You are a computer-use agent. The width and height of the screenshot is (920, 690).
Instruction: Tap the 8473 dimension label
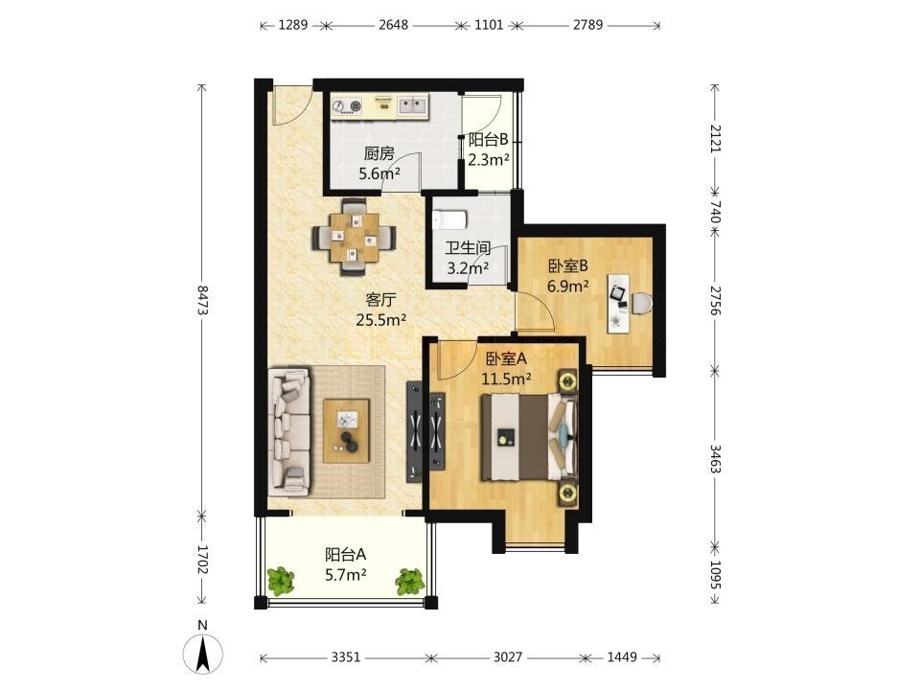[202, 300]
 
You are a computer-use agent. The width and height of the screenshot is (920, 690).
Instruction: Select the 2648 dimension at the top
[393, 25]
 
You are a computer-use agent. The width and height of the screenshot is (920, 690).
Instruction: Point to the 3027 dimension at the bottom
[507, 657]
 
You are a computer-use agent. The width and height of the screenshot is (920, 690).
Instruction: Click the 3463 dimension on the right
[715, 459]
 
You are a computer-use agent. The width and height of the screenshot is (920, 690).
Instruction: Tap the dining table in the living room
[354, 237]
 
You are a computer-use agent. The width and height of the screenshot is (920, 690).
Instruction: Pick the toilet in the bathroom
[449, 220]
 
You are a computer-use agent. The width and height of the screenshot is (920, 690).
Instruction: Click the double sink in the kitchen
[413, 105]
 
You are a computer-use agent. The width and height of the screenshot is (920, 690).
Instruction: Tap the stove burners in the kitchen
[346, 106]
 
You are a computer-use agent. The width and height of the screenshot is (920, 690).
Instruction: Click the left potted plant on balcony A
[281, 580]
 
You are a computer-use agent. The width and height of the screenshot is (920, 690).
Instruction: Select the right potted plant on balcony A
[409, 581]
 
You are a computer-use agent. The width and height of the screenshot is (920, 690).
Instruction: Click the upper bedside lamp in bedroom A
[566, 380]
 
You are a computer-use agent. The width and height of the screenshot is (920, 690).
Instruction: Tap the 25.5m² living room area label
[381, 320]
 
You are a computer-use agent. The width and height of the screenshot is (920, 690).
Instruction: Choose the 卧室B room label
[568, 266]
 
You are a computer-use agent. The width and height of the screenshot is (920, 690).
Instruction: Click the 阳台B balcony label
[488, 140]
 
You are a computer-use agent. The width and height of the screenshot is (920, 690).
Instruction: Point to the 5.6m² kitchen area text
[379, 173]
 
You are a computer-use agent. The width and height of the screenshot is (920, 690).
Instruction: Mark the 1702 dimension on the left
[202, 560]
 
